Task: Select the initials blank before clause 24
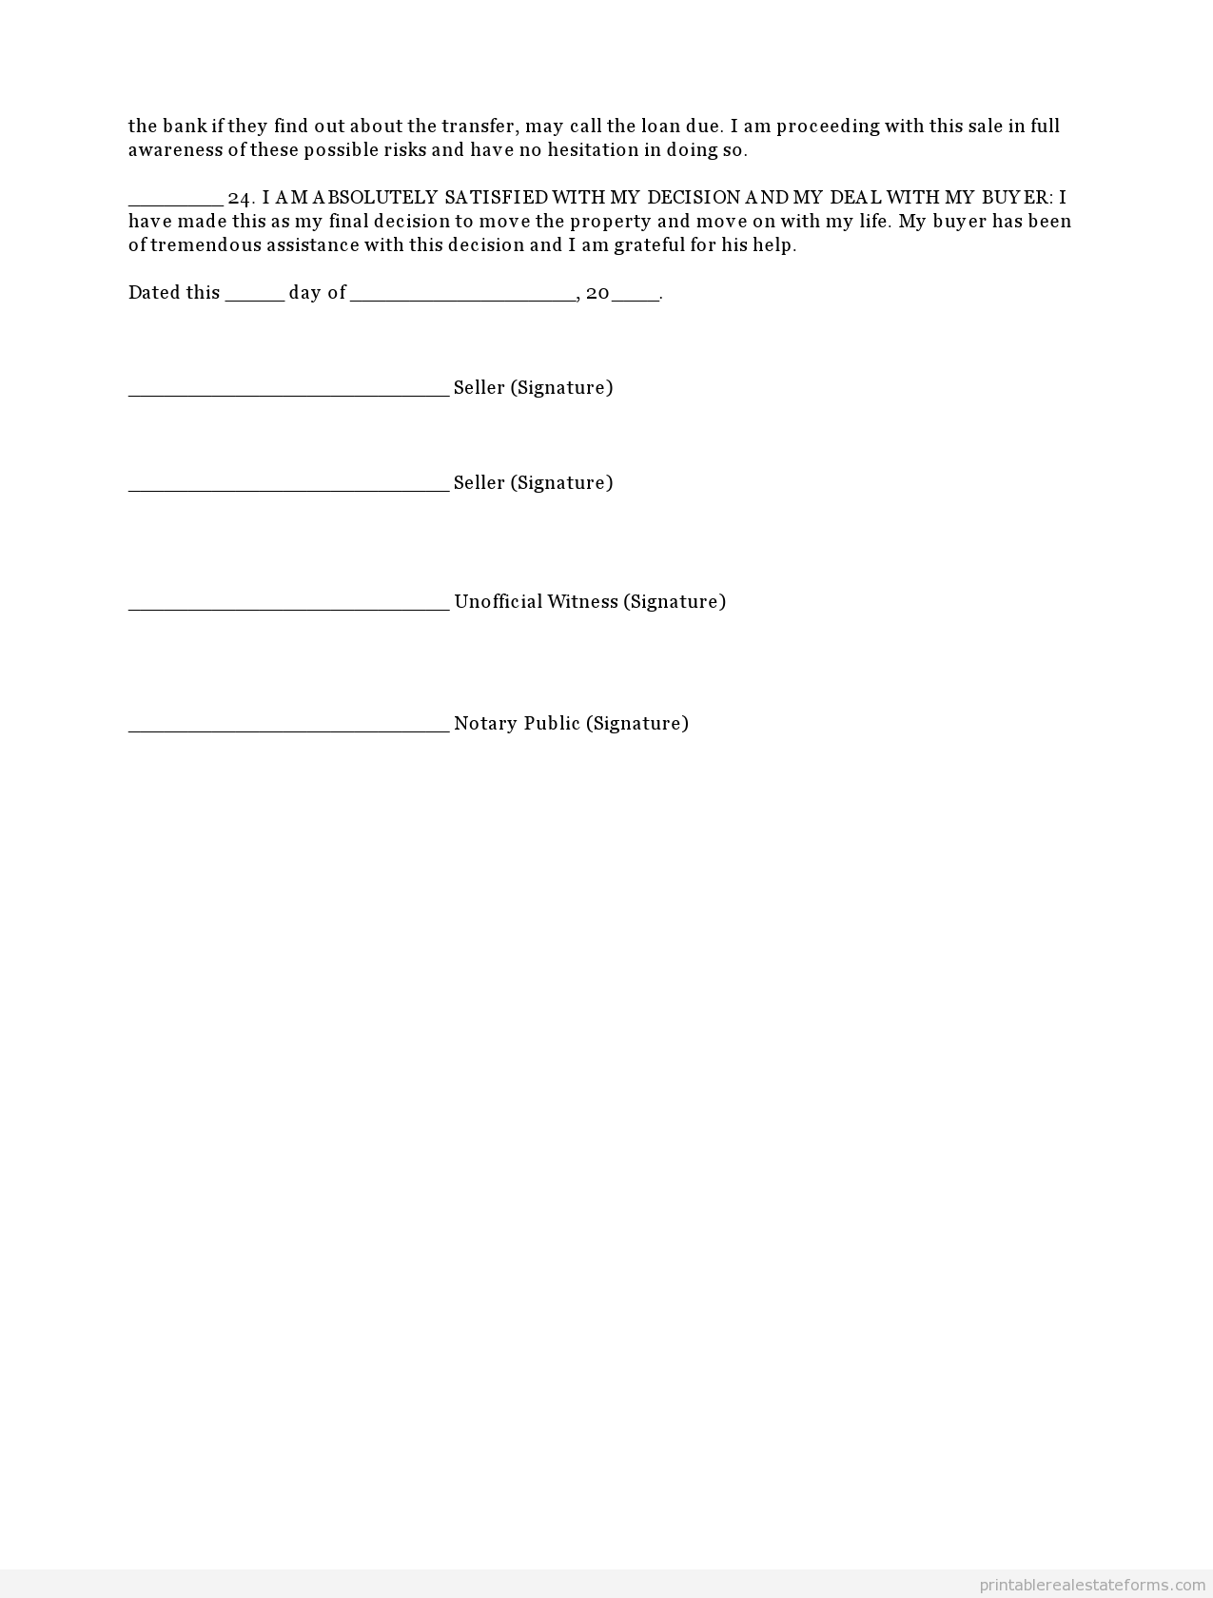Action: [175, 202]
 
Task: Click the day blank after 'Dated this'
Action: [254, 298]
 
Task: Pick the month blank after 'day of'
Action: [462, 298]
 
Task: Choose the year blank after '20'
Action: [636, 298]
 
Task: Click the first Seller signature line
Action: [288, 392]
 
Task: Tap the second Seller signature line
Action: [288, 487]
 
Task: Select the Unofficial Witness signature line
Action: [288, 606]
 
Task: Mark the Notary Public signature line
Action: [288, 728]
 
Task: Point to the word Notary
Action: [485, 723]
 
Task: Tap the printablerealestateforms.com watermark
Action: [1092, 1585]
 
